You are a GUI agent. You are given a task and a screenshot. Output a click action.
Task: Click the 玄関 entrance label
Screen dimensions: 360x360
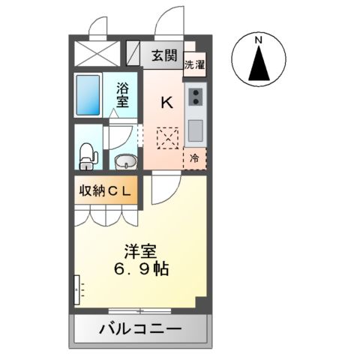click(163, 54)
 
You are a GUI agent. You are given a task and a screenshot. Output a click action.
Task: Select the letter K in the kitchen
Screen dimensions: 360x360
click(167, 103)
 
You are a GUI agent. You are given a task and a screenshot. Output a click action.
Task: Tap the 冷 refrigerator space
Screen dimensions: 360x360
click(194, 158)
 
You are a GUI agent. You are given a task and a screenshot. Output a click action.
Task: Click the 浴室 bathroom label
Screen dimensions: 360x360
click(121, 94)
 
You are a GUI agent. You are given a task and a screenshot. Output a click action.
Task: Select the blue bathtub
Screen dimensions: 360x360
click(88, 95)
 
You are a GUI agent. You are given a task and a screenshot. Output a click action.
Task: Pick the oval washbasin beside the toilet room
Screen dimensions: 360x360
click(124, 160)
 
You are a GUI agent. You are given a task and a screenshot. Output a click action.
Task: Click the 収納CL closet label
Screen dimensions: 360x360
click(105, 190)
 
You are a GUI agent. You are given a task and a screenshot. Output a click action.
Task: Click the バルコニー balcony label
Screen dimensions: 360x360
click(139, 328)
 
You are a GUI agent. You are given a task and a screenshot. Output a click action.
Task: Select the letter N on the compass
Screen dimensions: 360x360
click(258, 39)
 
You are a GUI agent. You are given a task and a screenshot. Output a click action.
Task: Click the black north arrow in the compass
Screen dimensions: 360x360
click(258, 63)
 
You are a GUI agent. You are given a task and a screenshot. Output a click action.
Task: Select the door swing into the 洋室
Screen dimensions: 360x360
click(163, 190)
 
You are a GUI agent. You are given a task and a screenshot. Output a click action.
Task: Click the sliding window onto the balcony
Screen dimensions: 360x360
click(139, 310)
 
